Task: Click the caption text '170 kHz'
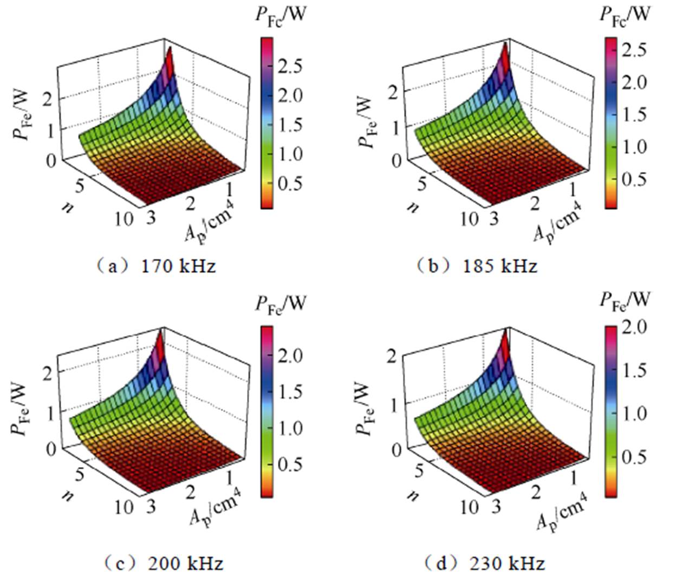pos(178,266)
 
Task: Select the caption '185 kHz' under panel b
pos(500,266)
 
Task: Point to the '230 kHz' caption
pos(507,563)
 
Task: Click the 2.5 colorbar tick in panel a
pos(290,67)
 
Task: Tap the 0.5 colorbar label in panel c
pos(290,464)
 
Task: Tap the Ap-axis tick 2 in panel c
pos(190,493)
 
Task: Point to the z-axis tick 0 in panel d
pos(398,449)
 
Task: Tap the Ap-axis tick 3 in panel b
pos(494,219)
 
